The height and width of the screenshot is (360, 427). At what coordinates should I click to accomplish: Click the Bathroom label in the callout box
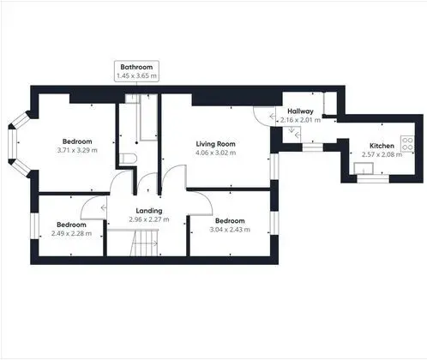click(136, 67)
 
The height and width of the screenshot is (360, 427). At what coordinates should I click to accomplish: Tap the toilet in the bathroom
click(128, 159)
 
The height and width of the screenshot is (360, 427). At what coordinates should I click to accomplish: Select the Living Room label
click(216, 144)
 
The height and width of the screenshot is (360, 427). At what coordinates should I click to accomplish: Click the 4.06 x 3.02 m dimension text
click(216, 153)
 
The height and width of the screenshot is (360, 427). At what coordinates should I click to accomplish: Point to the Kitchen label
click(382, 146)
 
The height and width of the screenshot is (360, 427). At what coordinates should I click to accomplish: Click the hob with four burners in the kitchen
click(407, 144)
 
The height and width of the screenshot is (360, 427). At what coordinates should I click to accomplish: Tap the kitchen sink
click(364, 168)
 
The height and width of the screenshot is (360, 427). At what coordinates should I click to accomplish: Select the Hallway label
click(300, 111)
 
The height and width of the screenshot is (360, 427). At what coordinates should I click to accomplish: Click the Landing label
click(149, 211)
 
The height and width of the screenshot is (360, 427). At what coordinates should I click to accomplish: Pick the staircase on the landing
click(144, 243)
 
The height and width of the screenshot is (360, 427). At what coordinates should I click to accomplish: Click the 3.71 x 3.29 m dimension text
click(77, 150)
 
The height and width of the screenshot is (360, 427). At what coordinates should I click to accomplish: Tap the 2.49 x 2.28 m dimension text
click(71, 233)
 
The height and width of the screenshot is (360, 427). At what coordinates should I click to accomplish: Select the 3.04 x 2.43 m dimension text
click(230, 230)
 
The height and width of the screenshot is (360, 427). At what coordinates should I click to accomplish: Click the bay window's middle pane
click(12, 145)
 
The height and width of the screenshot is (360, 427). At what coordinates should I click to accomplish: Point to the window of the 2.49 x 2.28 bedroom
click(34, 225)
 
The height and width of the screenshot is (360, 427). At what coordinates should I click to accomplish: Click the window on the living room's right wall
click(274, 166)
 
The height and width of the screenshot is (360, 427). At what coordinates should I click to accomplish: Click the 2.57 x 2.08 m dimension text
click(382, 154)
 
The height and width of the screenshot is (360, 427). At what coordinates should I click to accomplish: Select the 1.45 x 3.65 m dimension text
click(136, 76)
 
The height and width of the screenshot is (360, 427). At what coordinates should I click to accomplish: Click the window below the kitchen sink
click(373, 178)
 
